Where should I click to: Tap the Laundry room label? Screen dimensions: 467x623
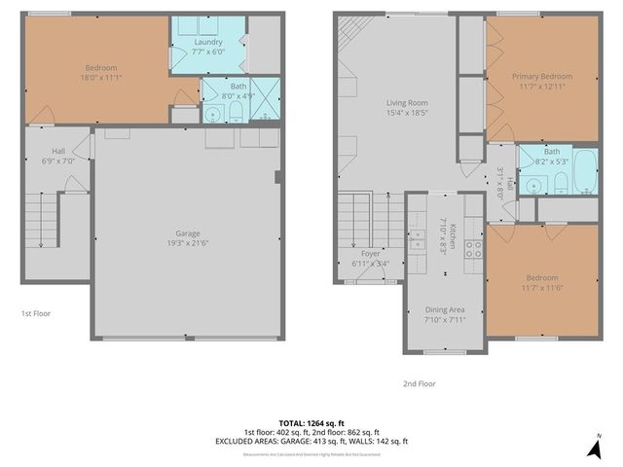coord(207,42)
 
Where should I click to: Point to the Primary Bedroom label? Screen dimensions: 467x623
coord(542,76)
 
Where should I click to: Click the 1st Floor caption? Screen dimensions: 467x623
coord(36,313)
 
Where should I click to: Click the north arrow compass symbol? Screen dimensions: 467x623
coord(594,447)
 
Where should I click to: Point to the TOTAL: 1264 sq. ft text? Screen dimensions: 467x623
coord(311,422)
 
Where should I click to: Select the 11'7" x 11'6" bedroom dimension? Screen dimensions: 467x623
coord(543,285)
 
